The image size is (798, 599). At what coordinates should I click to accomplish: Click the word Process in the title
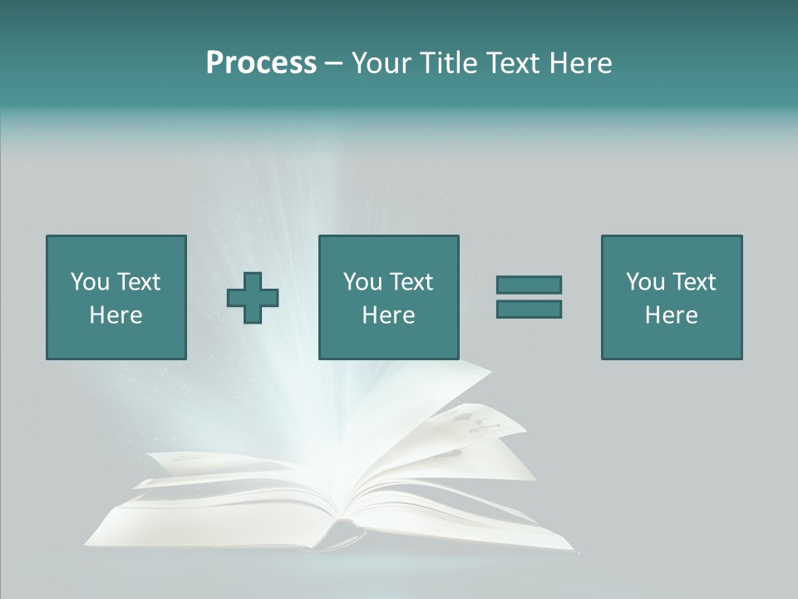261,63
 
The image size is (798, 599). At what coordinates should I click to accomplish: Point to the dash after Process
333,63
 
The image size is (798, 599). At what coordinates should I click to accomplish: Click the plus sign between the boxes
253,297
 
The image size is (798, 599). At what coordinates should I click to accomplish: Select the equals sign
529,297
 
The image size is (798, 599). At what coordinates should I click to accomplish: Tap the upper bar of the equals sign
529,285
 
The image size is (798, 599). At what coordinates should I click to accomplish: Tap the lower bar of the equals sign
529,309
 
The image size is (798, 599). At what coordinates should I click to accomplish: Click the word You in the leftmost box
90,282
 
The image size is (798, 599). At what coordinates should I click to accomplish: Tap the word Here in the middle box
388,315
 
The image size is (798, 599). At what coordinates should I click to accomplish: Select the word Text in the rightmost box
694,282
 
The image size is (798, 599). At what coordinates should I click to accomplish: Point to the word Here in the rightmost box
671,315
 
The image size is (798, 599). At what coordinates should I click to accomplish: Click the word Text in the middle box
411,282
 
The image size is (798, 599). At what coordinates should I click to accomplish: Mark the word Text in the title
510,63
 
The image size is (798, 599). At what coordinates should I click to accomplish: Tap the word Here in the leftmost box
116,315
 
